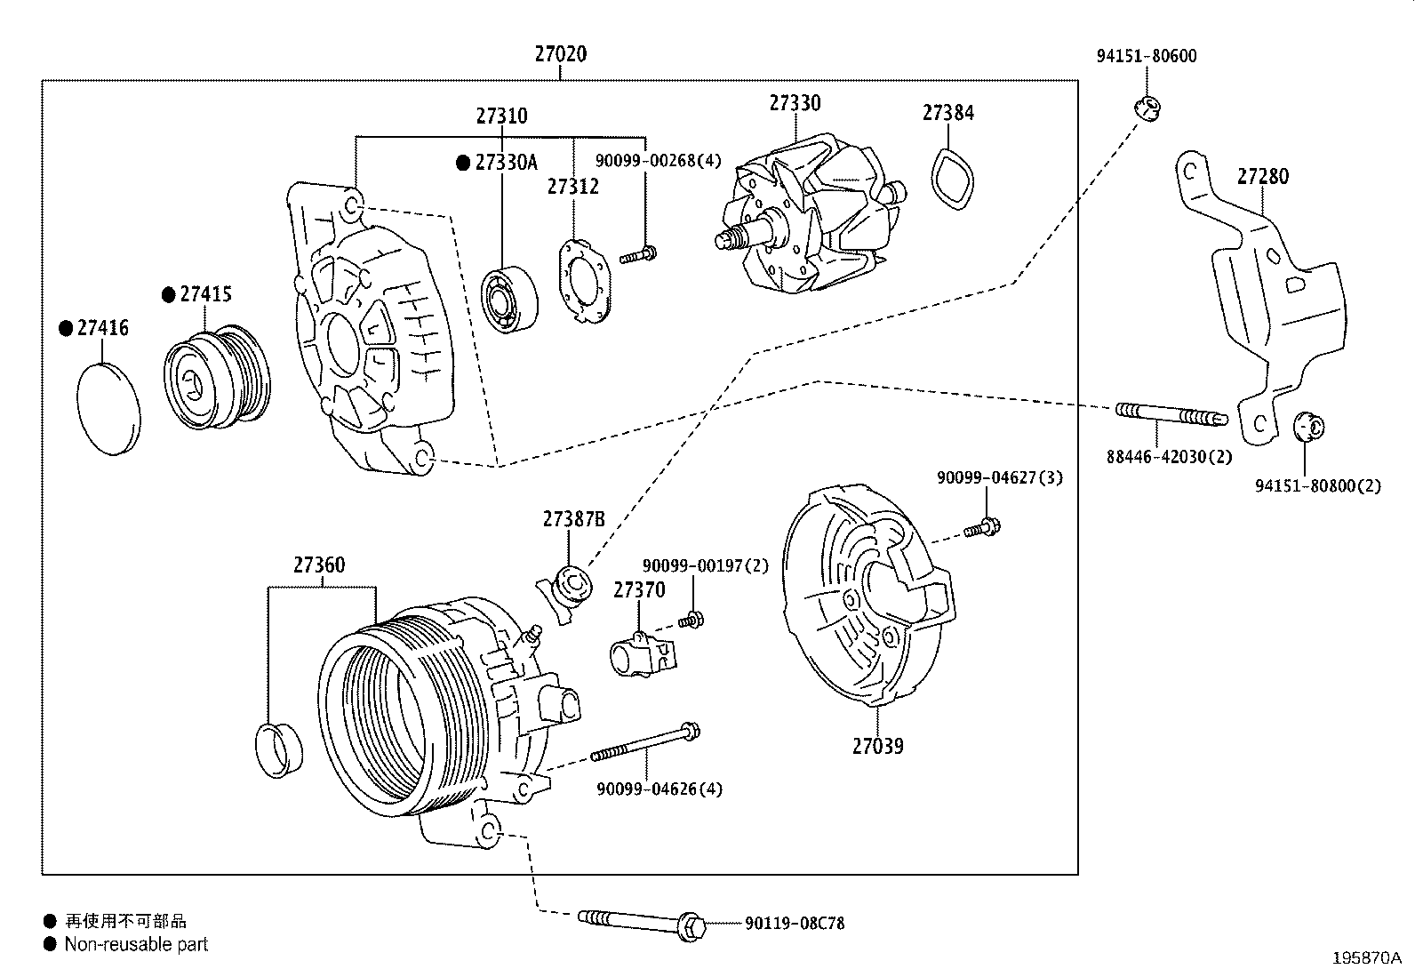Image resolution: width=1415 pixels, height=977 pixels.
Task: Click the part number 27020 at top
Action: [x=560, y=54]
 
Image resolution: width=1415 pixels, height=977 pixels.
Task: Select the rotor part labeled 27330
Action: [x=804, y=222]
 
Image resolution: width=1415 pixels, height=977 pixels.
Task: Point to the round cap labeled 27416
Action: [x=110, y=408]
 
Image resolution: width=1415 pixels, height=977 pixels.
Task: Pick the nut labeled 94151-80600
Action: [x=1147, y=108]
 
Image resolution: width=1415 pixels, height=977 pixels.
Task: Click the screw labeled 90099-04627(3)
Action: [x=981, y=530]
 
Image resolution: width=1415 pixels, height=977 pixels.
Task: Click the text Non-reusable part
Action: [x=136, y=944]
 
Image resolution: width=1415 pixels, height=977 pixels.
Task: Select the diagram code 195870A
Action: [x=1365, y=958]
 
